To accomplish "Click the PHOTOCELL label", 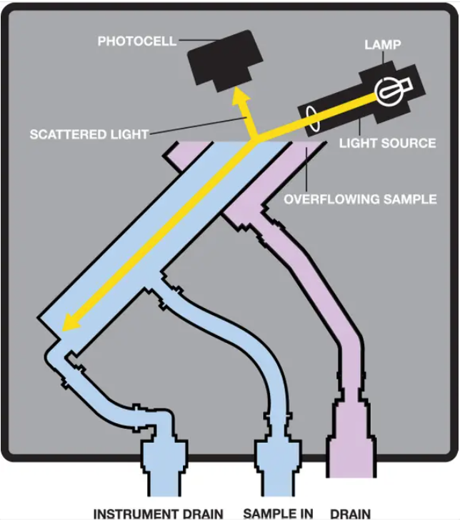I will coord(136,41).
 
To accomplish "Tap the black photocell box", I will coord(223,61).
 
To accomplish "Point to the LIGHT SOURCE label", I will coord(387,143).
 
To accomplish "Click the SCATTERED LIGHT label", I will coord(89,134).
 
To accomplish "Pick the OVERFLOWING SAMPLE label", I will coord(360,199).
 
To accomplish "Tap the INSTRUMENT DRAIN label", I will coord(158,513).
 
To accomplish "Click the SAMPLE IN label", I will coord(279,513).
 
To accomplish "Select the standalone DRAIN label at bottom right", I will coord(350,513).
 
